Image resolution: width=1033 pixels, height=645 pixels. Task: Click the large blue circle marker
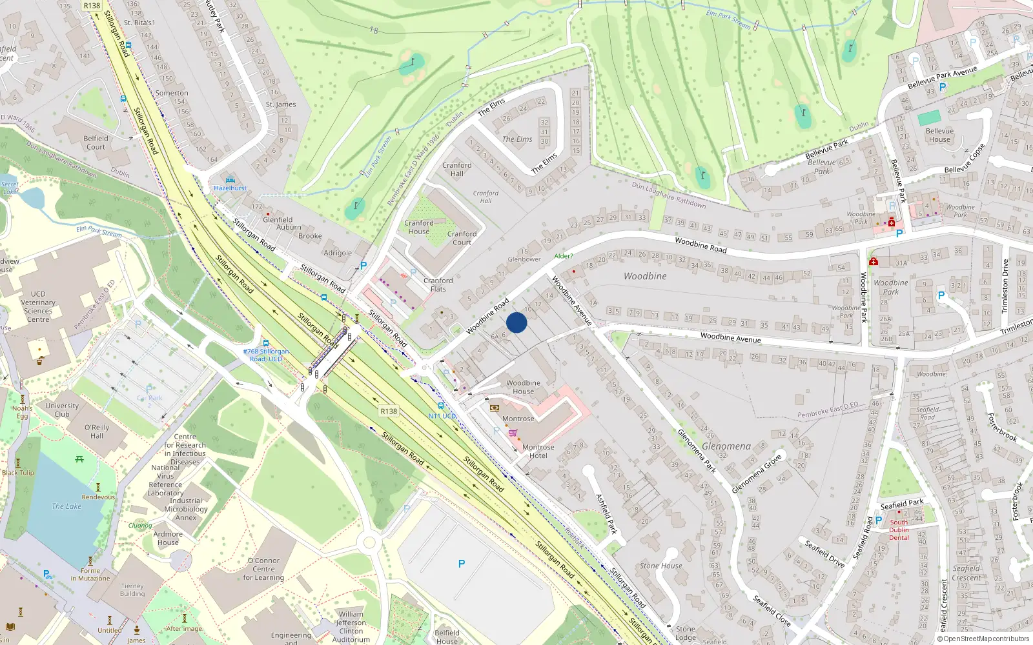516,322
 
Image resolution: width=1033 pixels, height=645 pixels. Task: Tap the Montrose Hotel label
538,451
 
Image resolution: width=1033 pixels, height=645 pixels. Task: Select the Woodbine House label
523,387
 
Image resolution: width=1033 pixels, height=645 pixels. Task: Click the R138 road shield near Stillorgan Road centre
389,412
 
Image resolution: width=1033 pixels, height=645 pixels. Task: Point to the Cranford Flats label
438,285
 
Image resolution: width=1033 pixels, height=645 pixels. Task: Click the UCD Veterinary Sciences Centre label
38,306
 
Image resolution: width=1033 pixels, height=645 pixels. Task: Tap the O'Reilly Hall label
96,432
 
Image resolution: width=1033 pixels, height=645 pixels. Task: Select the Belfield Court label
96,143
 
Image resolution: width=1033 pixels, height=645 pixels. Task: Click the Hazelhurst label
230,188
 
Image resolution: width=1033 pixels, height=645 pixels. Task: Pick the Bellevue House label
939,135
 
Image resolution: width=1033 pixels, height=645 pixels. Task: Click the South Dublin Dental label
899,530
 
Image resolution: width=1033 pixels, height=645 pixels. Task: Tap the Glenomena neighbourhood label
726,446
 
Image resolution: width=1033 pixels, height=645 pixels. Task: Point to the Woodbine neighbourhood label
645,276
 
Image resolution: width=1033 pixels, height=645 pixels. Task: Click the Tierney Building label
132,590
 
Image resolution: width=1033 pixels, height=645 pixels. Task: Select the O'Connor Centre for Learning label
263,569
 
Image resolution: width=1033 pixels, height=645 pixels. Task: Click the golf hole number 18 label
374,30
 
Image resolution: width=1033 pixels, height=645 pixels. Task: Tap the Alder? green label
563,256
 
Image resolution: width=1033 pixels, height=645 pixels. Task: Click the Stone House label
660,566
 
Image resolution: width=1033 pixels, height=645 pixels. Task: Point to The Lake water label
66,506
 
